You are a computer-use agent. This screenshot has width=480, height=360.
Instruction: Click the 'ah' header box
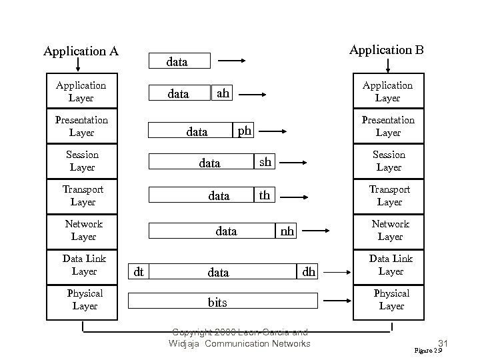(x=222, y=94)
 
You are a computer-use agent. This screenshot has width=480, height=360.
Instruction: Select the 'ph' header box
(x=245, y=131)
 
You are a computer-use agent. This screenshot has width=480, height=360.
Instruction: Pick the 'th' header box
(x=265, y=195)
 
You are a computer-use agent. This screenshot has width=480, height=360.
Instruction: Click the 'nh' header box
(x=287, y=231)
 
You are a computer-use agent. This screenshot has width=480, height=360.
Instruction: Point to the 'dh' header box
(x=309, y=271)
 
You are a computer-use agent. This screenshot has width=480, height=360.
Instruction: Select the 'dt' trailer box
(x=139, y=271)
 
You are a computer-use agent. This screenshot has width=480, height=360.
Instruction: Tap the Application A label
(x=81, y=51)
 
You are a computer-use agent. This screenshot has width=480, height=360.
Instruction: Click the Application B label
(x=387, y=50)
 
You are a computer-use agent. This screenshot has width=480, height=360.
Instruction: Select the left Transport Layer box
(x=83, y=195)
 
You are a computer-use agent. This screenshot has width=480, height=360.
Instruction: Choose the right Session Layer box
(x=389, y=161)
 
